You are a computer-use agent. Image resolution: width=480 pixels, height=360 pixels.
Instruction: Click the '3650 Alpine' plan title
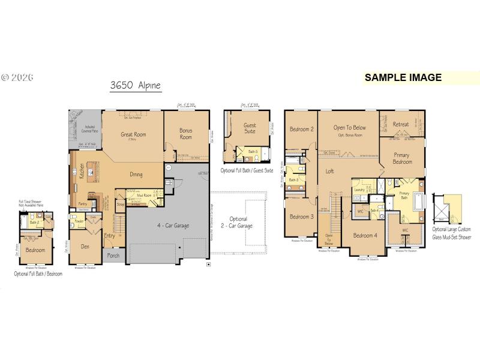coord(136,85)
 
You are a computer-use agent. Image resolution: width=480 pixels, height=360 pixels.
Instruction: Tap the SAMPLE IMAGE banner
coord(403,77)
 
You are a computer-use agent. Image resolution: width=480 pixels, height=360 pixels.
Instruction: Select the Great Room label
coord(133,134)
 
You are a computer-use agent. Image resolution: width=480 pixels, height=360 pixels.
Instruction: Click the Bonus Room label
coord(186,133)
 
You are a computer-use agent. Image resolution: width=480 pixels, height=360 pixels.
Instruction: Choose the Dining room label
coord(136,175)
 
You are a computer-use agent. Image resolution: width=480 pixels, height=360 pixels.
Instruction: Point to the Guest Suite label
coord(250,129)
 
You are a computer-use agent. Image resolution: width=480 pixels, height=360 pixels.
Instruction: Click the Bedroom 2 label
coord(301,129)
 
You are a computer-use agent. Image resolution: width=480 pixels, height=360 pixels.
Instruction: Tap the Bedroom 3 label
coord(301,217)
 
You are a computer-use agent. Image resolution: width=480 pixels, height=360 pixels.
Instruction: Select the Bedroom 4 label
coord(365,235)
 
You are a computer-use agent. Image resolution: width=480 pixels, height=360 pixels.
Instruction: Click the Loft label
coord(329,171)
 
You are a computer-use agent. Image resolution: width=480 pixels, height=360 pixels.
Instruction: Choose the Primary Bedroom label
coord(402,158)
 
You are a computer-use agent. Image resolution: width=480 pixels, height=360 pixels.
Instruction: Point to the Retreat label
coord(401,125)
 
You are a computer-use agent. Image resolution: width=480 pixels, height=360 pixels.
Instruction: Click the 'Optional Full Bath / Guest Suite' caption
coord(247,170)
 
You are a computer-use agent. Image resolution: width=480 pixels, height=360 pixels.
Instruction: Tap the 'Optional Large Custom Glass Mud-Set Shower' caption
coord(452,233)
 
